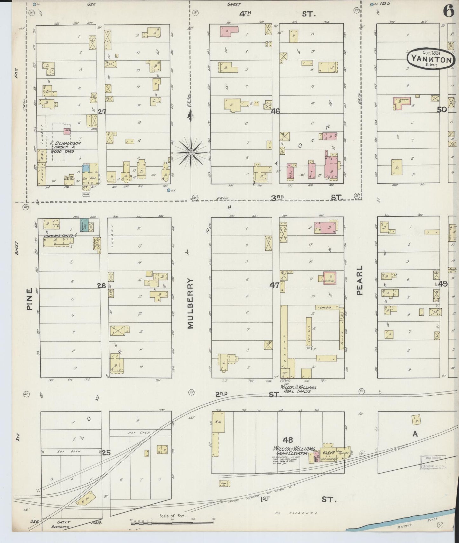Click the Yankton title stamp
click(x=431, y=58)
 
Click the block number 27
click(x=102, y=111)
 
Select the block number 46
click(x=275, y=111)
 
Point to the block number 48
click(x=288, y=440)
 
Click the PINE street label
click(x=30, y=299)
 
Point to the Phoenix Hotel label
click(x=58, y=236)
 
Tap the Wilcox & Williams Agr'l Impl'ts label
click(x=298, y=389)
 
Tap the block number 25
click(x=106, y=453)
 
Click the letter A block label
click(x=415, y=434)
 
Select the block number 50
click(x=442, y=110)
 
